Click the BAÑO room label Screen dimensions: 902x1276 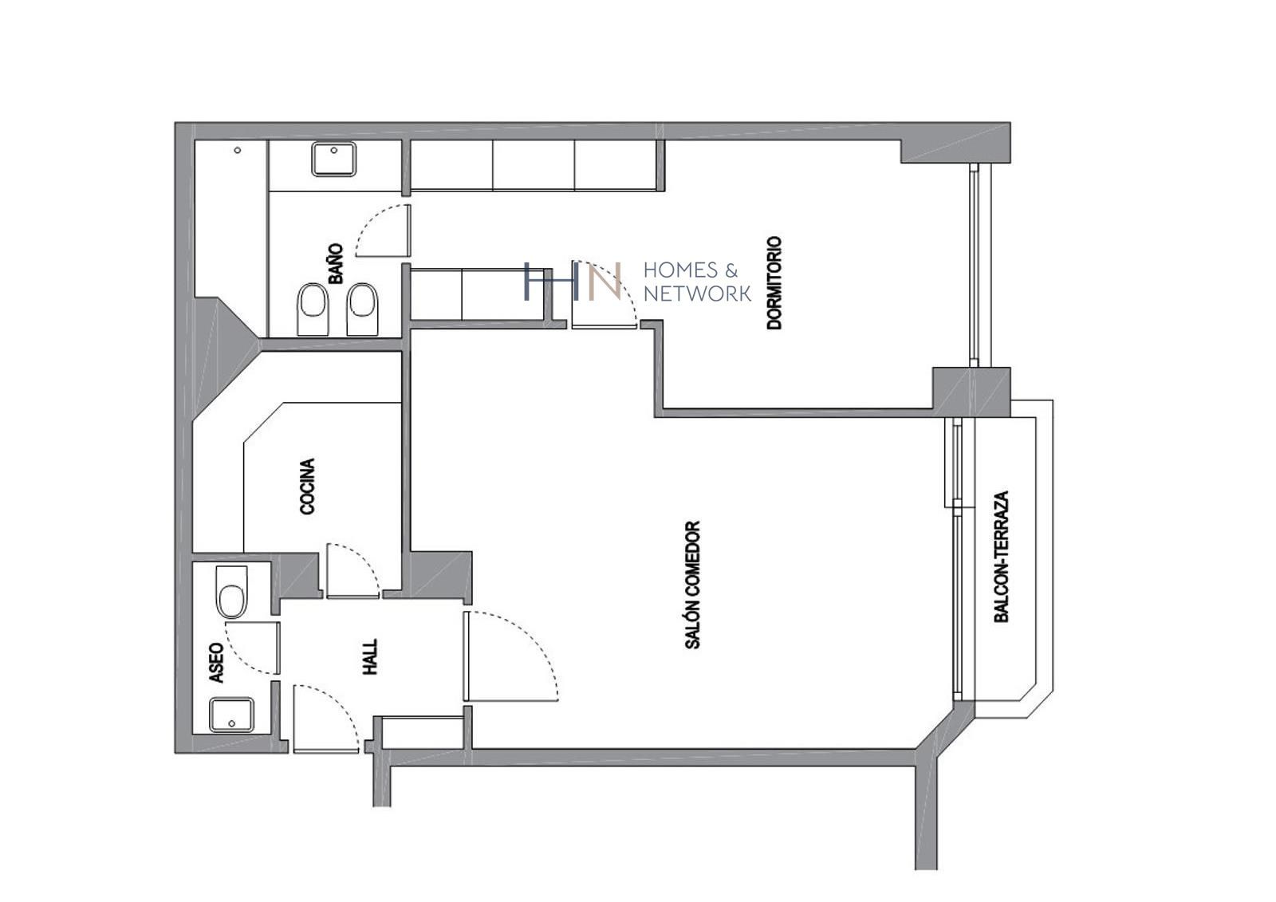coord(336,264)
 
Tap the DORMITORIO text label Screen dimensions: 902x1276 coord(774,282)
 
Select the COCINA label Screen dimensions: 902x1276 coord(307,486)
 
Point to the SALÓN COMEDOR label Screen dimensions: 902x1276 coord(692,585)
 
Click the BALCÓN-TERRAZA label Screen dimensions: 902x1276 coord(1002,556)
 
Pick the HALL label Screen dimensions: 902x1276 coord(370,656)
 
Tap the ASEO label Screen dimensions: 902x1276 coord(216,663)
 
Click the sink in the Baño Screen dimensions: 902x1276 coord(333,159)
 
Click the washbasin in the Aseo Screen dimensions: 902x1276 coord(232,715)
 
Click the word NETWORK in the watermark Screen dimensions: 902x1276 coord(697,293)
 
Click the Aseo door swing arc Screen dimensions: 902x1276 coord(252,647)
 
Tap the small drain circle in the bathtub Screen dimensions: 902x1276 coord(237,150)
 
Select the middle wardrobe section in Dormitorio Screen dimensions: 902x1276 coord(534,165)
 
